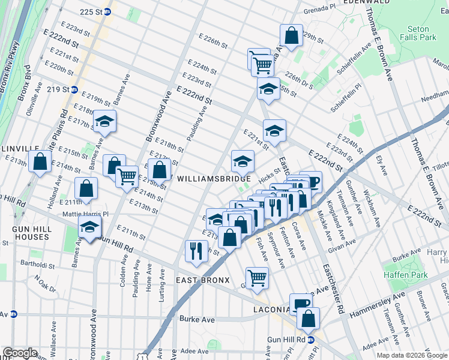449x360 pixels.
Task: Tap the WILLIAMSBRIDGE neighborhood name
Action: (x=214, y=179)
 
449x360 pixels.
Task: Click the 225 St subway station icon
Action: (x=107, y=12)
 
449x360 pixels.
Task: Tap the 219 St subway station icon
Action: (x=74, y=89)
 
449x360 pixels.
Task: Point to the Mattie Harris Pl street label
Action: (x=85, y=214)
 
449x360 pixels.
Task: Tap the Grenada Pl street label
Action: (x=319, y=9)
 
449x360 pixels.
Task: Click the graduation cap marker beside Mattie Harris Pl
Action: (x=90, y=227)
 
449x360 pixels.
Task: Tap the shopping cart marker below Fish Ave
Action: (x=257, y=277)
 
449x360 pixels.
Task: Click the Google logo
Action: (x=20, y=353)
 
